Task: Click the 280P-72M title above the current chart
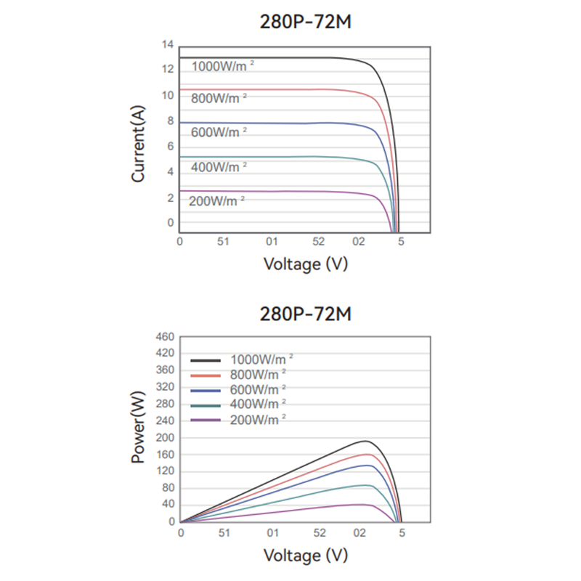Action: pos(306,22)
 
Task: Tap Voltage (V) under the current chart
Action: pos(306,263)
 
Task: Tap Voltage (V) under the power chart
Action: pos(306,556)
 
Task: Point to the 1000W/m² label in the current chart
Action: pos(223,66)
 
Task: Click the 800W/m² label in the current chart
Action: pos(219,97)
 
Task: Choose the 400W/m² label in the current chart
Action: pos(219,166)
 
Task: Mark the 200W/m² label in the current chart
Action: pos(216,200)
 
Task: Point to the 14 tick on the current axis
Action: pos(168,45)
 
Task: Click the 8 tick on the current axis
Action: pos(171,121)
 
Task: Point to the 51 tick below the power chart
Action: pos(224,532)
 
